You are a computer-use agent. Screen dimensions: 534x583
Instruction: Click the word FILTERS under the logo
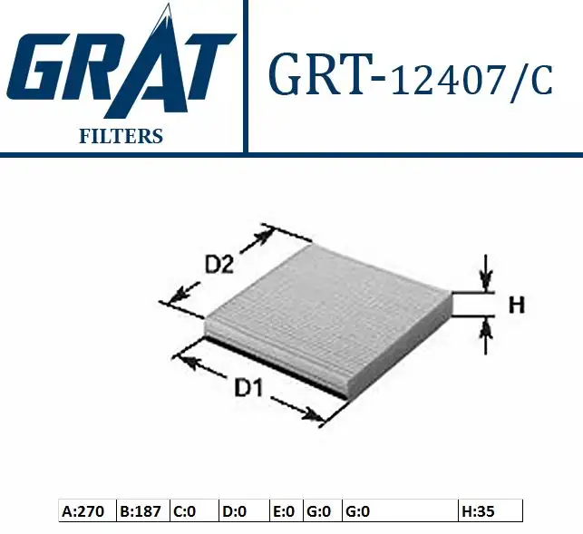[x=121, y=137]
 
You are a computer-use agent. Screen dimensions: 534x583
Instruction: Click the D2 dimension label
[x=220, y=265]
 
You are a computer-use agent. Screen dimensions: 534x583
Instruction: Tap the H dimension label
[x=516, y=306]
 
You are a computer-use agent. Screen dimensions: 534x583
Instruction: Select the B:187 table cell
[x=141, y=511]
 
